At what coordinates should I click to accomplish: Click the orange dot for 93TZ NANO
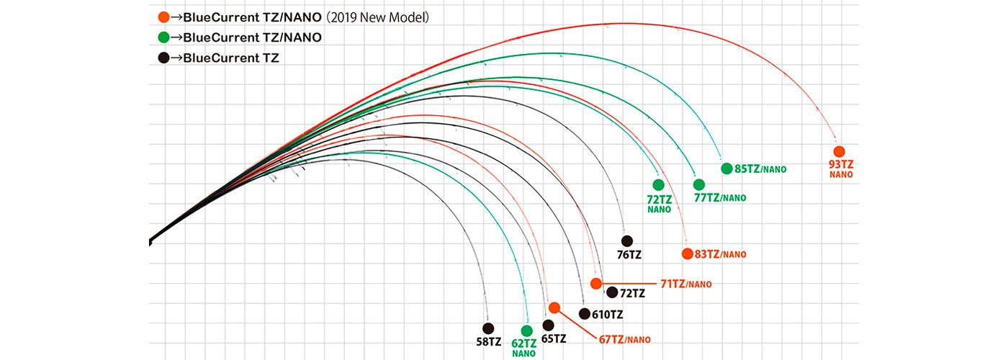click(x=839, y=152)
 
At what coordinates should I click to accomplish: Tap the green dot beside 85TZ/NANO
click(x=726, y=168)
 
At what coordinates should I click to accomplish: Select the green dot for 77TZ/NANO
click(x=698, y=184)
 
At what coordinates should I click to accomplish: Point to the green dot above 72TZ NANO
click(x=658, y=184)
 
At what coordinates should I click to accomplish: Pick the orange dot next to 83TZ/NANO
click(x=688, y=253)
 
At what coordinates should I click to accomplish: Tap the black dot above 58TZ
click(x=488, y=328)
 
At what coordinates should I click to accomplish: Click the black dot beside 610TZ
click(x=584, y=314)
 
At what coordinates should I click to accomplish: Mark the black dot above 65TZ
click(x=549, y=325)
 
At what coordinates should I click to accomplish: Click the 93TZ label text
click(x=840, y=165)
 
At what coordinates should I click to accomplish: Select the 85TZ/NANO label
click(x=760, y=169)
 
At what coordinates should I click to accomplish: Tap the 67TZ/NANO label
click(x=625, y=340)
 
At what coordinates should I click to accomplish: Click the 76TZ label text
click(x=629, y=255)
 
